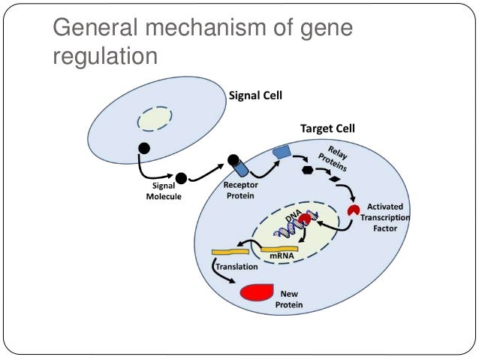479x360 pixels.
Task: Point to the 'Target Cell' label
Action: click(327, 129)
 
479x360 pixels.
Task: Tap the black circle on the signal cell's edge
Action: click(143, 147)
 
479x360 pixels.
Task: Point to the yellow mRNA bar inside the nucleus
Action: click(279, 247)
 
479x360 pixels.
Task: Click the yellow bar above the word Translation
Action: click(230, 251)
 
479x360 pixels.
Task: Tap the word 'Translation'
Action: click(236, 266)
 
